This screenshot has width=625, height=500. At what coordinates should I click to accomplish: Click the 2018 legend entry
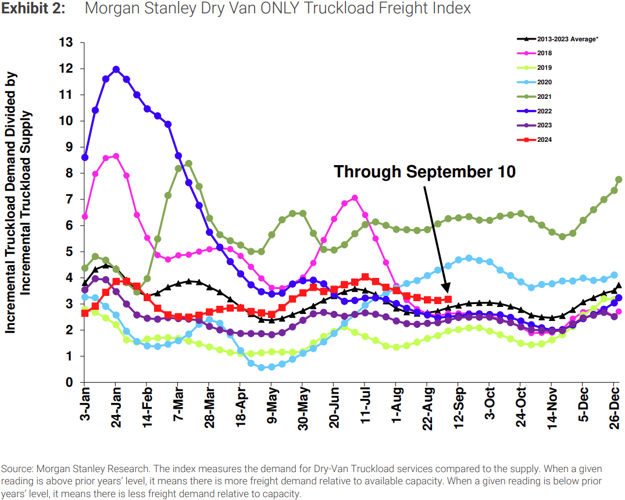point(544,53)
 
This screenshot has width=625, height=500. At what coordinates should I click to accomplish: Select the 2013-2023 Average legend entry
point(564,39)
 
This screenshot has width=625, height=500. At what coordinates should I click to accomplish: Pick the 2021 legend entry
point(544,97)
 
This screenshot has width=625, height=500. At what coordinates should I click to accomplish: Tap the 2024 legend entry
point(544,140)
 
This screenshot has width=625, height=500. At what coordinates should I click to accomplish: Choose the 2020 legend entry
point(544,83)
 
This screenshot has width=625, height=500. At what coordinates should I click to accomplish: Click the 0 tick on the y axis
point(69,383)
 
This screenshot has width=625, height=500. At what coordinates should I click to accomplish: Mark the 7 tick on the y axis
point(69,199)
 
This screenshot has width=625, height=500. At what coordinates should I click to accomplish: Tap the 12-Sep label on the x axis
point(458,406)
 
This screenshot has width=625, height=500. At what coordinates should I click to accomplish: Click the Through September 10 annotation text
point(424,172)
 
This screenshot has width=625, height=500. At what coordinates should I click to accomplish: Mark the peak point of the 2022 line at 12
point(116,69)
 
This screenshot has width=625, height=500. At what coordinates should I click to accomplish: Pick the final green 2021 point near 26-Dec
point(619,180)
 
